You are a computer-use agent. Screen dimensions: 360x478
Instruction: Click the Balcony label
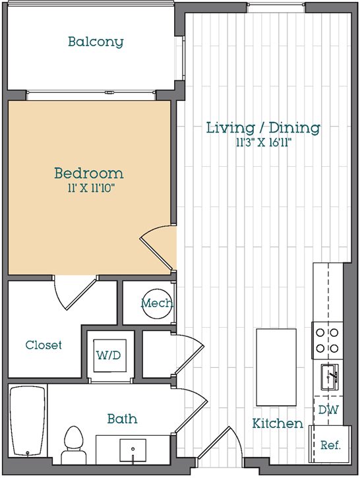click(96, 42)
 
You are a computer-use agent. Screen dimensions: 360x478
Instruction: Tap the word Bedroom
click(89, 173)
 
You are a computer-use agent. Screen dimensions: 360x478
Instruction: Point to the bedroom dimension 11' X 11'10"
click(91, 188)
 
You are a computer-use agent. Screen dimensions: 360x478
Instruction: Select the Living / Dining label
click(263, 127)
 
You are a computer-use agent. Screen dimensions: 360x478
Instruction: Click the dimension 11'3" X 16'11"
click(264, 142)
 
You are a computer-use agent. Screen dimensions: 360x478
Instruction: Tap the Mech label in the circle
click(157, 303)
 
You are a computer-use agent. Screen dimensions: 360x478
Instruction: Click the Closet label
click(44, 345)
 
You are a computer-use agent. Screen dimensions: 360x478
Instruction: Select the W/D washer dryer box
click(109, 355)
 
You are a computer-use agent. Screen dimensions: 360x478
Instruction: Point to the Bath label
click(122, 419)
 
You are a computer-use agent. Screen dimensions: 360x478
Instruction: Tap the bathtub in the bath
click(28, 421)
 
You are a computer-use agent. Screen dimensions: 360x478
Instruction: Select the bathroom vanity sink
click(133, 450)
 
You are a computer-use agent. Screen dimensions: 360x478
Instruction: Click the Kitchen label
click(278, 423)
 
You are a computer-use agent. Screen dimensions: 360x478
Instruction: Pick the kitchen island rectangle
click(276, 367)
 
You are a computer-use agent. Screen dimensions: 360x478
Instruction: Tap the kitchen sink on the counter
click(329, 377)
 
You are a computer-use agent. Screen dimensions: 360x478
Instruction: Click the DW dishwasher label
click(328, 409)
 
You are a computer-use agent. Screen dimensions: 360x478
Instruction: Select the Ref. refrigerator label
click(330, 446)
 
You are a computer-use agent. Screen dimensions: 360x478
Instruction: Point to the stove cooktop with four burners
click(328, 340)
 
